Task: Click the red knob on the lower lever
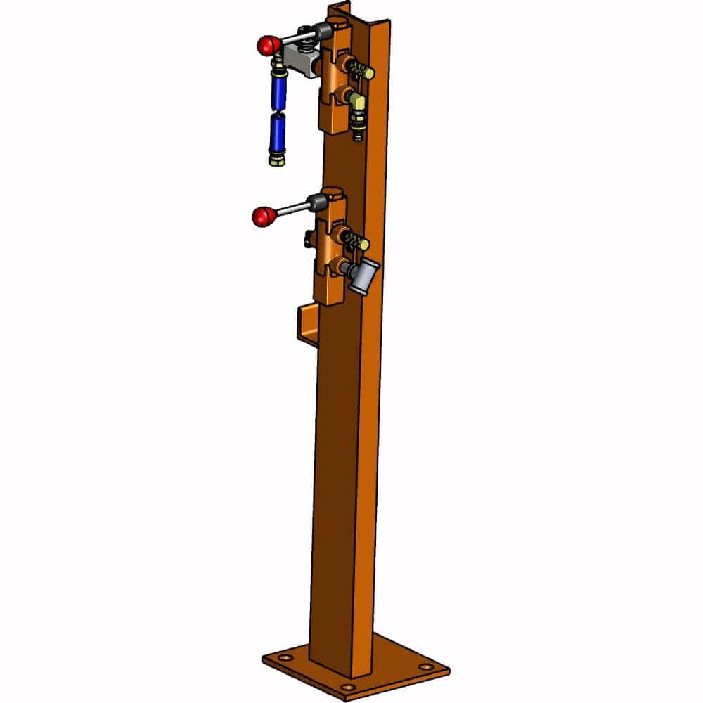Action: (263, 217)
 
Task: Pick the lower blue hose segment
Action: (276, 132)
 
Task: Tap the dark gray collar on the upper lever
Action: (323, 31)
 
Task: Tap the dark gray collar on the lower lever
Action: (317, 204)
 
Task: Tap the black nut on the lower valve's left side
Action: (309, 240)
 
